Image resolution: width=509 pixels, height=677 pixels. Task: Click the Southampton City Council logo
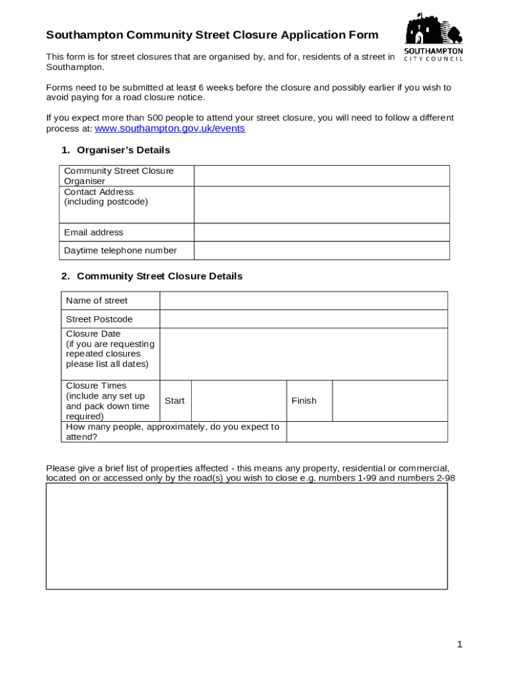click(x=433, y=37)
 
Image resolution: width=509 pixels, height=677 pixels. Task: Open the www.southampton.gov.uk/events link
click(x=170, y=128)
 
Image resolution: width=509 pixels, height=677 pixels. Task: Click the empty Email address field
click(x=321, y=233)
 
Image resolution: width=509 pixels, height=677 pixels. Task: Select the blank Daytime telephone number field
click(x=321, y=251)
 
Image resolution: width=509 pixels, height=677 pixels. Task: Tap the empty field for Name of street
click(x=303, y=301)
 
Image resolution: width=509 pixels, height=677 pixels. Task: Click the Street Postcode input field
click(x=303, y=319)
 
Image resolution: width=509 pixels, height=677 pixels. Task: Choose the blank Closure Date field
click(x=303, y=354)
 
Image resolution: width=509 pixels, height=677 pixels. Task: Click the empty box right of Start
click(x=239, y=401)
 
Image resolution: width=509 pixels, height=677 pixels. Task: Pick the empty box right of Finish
click(x=389, y=401)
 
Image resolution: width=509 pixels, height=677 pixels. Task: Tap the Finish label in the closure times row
click(x=304, y=401)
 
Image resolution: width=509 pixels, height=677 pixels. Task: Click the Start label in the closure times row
click(x=175, y=401)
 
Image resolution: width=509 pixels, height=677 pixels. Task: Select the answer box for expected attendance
click(x=367, y=432)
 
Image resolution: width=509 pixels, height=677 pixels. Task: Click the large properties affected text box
click(x=247, y=536)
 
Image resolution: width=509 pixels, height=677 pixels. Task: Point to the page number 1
click(x=459, y=645)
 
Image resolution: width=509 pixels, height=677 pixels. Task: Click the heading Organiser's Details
click(x=124, y=150)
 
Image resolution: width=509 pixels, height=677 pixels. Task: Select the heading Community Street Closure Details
click(x=159, y=276)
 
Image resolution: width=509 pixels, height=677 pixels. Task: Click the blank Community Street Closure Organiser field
click(x=321, y=176)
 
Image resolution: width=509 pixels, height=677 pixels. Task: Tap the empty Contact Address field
click(x=321, y=205)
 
